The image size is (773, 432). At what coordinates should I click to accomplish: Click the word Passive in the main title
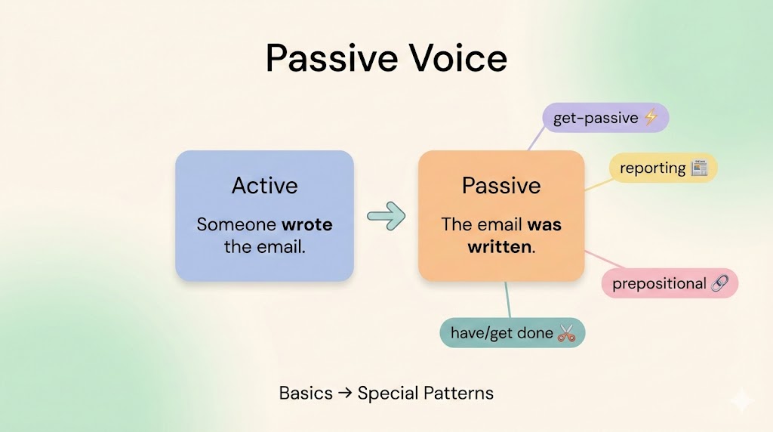click(332, 58)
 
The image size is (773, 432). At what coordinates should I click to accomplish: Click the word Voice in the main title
click(458, 58)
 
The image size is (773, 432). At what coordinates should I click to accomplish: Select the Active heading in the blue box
click(265, 186)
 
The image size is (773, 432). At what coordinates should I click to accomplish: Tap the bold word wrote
click(306, 224)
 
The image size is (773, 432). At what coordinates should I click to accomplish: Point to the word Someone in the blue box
click(236, 224)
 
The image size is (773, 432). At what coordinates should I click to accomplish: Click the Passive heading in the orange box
click(501, 186)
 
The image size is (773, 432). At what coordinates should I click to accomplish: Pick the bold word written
click(500, 246)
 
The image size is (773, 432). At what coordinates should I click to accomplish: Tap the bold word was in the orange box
click(544, 225)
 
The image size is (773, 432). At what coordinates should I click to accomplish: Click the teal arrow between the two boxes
click(386, 216)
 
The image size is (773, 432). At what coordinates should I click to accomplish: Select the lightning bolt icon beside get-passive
click(651, 117)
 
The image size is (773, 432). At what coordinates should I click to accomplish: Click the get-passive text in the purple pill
click(596, 118)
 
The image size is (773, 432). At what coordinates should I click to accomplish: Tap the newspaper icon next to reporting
click(699, 168)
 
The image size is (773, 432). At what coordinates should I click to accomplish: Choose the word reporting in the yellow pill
click(653, 168)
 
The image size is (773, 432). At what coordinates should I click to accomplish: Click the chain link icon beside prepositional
click(719, 283)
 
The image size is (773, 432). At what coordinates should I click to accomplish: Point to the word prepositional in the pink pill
click(659, 283)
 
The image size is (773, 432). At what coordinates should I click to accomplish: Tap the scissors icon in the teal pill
click(566, 333)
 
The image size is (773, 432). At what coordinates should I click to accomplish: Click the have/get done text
click(502, 333)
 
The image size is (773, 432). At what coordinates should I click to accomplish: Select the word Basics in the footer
click(306, 393)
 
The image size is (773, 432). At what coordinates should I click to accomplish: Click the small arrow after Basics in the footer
click(345, 393)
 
